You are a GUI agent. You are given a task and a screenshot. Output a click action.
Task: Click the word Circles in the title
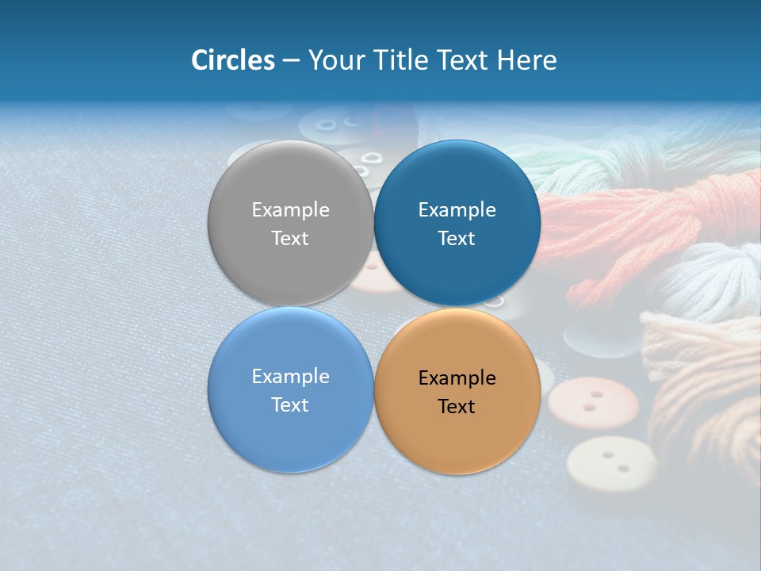pos(232,60)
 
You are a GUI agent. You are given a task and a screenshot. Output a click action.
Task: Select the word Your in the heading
pos(337,60)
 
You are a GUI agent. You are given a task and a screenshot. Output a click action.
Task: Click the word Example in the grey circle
pos(290,209)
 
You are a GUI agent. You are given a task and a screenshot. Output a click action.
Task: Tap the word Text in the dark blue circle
pos(457,238)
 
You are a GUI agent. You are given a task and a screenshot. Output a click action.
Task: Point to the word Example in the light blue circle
pos(290,377)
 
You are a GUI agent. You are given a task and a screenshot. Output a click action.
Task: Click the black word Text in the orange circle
pos(457,406)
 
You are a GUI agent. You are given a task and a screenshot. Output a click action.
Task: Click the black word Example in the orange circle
pos(457,378)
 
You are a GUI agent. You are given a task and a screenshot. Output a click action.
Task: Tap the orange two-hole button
pos(592,403)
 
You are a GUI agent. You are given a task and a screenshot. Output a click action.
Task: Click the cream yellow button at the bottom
pos(611,463)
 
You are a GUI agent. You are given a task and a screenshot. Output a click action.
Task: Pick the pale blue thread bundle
pos(706,278)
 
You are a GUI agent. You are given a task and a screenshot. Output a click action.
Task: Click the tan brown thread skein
pos(706,381)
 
